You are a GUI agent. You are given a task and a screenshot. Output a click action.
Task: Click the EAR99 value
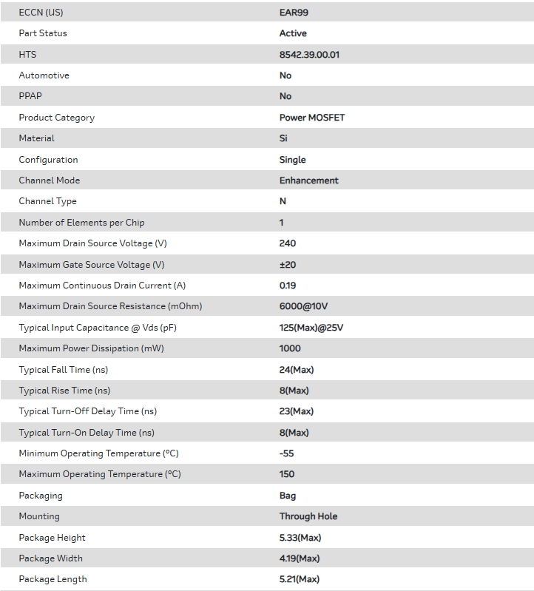(x=291, y=13)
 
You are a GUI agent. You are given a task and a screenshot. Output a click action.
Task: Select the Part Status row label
(x=43, y=33)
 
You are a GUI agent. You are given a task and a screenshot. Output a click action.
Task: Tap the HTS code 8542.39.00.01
(x=309, y=55)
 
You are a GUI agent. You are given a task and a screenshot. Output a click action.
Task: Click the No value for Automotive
(x=285, y=75)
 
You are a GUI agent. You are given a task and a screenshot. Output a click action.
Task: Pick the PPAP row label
(x=30, y=96)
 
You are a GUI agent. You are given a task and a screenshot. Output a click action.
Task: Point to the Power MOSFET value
(x=311, y=118)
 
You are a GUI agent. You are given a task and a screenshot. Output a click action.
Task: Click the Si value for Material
(x=283, y=138)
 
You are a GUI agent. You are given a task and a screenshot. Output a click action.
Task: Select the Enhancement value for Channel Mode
(x=308, y=180)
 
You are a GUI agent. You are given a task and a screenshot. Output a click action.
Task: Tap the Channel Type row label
(x=47, y=201)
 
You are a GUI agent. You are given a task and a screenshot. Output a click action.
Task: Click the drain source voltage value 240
(x=287, y=243)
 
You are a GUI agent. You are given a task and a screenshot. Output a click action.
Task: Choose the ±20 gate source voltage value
(x=288, y=265)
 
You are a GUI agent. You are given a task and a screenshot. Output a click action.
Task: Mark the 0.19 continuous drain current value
(x=287, y=286)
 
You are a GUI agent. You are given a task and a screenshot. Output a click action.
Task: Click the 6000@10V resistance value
(x=303, y=306)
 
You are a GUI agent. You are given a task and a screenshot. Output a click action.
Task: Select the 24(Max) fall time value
(x=297, y=370)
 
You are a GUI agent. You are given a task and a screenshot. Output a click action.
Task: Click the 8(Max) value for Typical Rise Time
(x=294, y=391)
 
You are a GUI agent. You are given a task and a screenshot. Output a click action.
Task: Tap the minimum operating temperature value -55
(x=286, y=453)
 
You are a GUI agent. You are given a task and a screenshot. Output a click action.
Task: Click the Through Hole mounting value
(x=308, y=516)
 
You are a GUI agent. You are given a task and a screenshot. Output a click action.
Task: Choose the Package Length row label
(x=53, y=579)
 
